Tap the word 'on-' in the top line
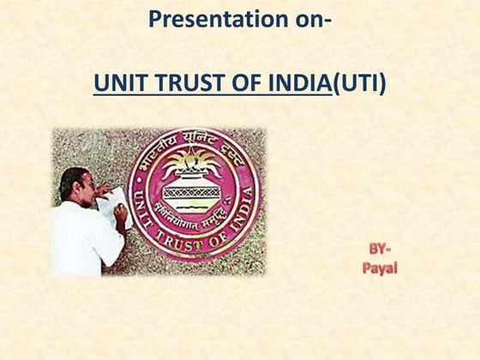click(306, 19)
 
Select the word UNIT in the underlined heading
click(117, 84)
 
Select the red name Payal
click(379, 268)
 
